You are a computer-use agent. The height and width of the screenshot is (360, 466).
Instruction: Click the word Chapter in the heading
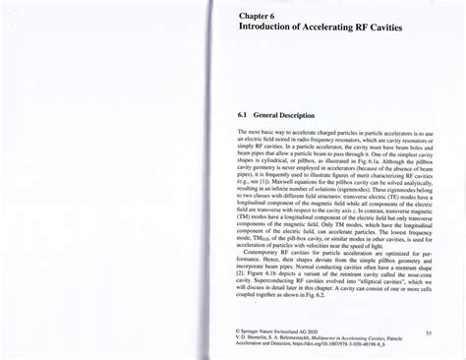pyautogui.click(x=255, y=43)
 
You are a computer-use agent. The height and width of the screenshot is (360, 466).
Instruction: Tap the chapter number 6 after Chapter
pyautogui.click(x=277, y=43)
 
